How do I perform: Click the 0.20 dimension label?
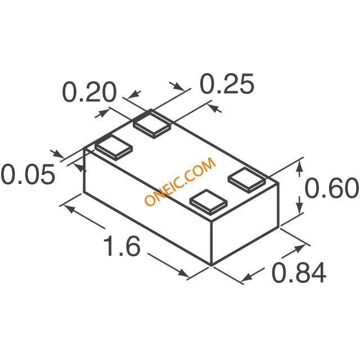tap(89, 92)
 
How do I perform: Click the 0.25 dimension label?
tap(227, 84)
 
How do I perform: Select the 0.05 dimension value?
tap(28, 174)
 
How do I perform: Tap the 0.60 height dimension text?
tap(332, 188)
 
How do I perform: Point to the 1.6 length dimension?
tap(121, 246)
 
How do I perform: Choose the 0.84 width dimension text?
tap(299, 273)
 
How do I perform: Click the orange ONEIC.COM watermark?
tap(180, 181)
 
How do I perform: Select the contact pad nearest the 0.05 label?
tap(114, 147)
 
